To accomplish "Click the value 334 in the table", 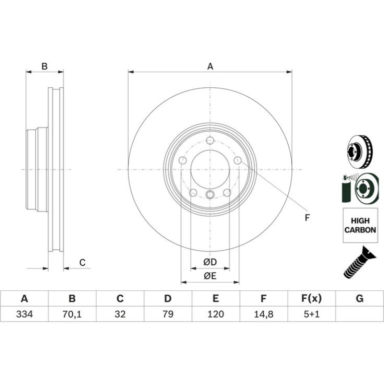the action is coord(24,314).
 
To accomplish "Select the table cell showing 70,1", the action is coord(72,314).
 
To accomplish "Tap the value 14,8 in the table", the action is coord(263,314).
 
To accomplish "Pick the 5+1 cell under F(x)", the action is coord(312,314).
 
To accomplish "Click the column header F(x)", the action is coord(312,299).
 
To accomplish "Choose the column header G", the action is coord(360,299).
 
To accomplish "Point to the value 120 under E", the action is coord(216,314).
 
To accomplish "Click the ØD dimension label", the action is coord(210,262).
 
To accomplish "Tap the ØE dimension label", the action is coord(210,276).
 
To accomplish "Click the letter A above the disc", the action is coord(210,66).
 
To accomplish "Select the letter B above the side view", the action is coord(44,66).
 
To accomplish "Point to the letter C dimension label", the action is coord(82,262).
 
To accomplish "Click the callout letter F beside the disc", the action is coord(307,218).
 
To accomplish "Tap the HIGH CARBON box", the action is coord(360,225).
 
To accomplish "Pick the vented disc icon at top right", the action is coord(360,152).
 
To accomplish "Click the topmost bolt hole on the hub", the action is coord(210,141).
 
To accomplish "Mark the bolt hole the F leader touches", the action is coord(237,161).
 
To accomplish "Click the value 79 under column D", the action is coord(168,314).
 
